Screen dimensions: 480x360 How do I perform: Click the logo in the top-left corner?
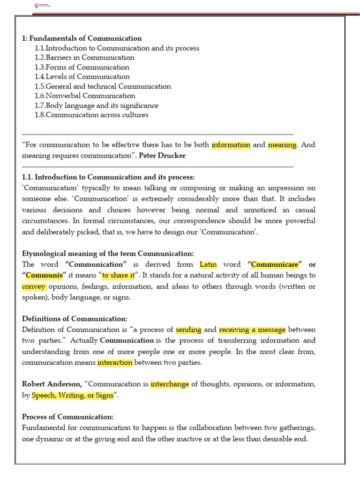pyautogui.click(x=42, y=6)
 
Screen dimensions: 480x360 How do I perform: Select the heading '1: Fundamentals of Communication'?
pyautogui.click(x=82, y=38)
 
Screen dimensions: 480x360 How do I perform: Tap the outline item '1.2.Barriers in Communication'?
pyautogui.click(x=84, y=58)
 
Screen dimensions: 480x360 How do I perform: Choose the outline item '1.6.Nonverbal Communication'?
pyautogui.click(x=85, y=96)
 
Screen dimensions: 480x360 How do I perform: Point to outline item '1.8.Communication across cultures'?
pyautogui.click(x=91, y=115)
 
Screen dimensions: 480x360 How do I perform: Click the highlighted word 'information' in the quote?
pyautogui.click(x=231, y=145)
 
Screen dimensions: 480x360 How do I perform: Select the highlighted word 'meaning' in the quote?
pyautogui.click(x=282, y=145)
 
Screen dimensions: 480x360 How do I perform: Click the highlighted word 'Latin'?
pyautogui.click(x=208, y=264)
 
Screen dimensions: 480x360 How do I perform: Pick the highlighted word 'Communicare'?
pyautogui.click(x=275, y=264)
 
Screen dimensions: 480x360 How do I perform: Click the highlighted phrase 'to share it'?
pyautogui.click(x=118, y=275)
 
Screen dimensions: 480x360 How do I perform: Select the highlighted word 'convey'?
pyautogui.click(x=34, y=286)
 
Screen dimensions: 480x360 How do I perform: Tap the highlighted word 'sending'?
pyautogui.click(x=188, y=330)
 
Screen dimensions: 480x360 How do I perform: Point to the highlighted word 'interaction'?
pyautogui.click(x=115, y=362)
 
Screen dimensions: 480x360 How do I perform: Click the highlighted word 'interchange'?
pyautogui.click(x=170, y=384)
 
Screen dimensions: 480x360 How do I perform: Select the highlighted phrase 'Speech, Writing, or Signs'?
pyautogui.click(x=73, y=395)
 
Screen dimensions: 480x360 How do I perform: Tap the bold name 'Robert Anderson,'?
pyautogui.click(x=52, y=384)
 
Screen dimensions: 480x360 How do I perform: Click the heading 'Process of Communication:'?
pyautogui.click(x=67, y=417)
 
